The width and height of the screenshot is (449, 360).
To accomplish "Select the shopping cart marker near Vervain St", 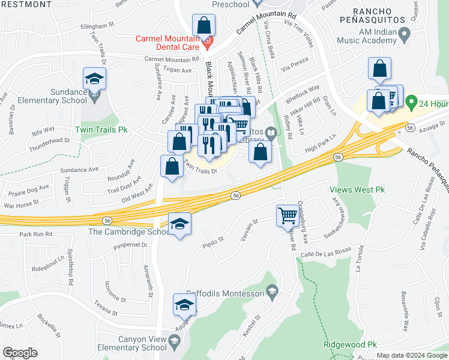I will pos(288,215).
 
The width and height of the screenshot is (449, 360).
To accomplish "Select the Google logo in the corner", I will pos(20,352).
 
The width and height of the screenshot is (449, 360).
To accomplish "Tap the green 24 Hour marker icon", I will pos(411,103).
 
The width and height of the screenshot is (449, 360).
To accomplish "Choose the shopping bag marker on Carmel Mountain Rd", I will pos(203,26).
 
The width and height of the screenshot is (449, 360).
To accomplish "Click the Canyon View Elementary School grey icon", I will pos(174,343).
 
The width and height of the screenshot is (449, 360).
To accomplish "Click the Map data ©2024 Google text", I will pos(411,355).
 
